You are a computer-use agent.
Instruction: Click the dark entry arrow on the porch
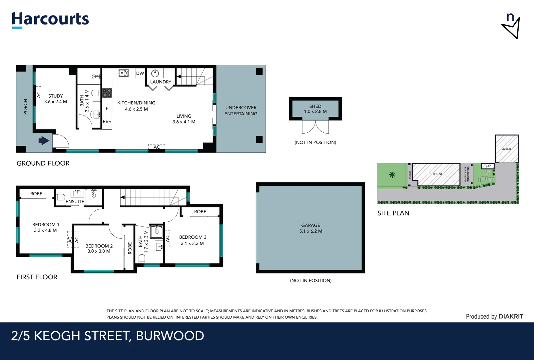[x=44, y=141]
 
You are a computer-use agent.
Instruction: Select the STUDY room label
[x=55, y=96]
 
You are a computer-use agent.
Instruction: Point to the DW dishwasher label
[x=140, y=73]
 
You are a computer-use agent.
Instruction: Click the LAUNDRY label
[x=161, y=82]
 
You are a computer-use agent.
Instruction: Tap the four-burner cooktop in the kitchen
[x=107, y=93]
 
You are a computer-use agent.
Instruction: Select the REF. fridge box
[x=107, y=121]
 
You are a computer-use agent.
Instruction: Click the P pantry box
[x=107, y=108]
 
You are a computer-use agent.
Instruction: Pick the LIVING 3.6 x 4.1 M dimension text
[x=184, y=122]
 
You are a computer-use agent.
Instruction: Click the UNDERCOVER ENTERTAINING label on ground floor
[x=241, y=111]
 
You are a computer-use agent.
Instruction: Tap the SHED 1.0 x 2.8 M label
[x=315, y=109]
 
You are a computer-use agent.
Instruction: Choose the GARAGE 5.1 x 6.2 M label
[x=310, y=228]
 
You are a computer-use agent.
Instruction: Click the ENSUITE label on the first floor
[x=75, y=202]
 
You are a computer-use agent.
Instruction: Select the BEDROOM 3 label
[x=193, y=237]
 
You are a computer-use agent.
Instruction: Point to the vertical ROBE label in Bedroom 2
[x=130, y=248]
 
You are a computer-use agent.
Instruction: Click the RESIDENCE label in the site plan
[x=436, y=174]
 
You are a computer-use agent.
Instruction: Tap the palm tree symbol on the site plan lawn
[x=392, y=174]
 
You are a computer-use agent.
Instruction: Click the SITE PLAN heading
[x=393, y=213]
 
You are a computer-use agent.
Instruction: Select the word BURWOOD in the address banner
[x=170, y=336]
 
